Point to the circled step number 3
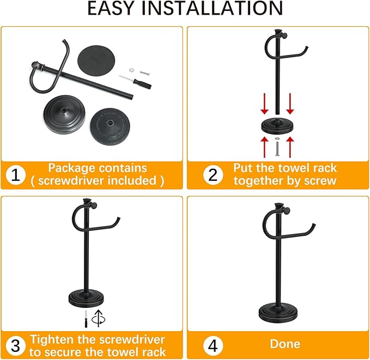point(16,345)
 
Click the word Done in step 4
point(285,344)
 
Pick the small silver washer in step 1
point(132,70)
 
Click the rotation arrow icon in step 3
point(99,318)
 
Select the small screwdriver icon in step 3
point(86,318)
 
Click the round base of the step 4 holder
point(278,313)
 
